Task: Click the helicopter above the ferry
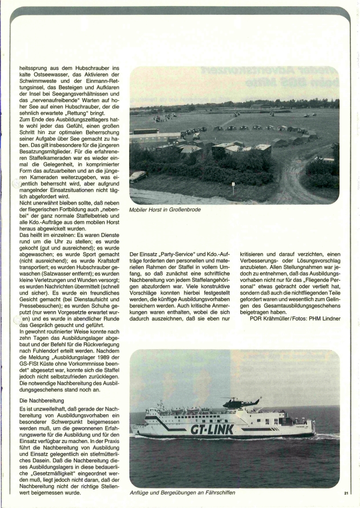coord(240,403)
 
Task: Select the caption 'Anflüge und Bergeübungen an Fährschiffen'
coord(183,492)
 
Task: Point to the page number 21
coord(346,493)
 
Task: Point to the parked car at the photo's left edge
coord(138,176)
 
